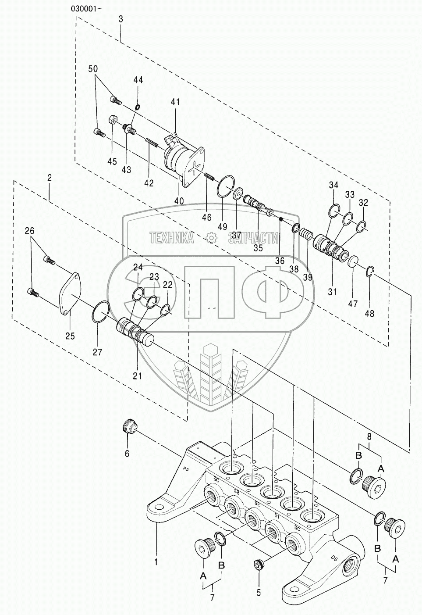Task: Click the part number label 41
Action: pos(175,102)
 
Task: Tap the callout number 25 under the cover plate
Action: pos(70,336)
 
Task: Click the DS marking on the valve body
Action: pos(334,558)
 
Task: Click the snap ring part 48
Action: pos(369,272)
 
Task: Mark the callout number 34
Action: pos(334,185)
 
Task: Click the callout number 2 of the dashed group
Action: pos(50,178)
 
